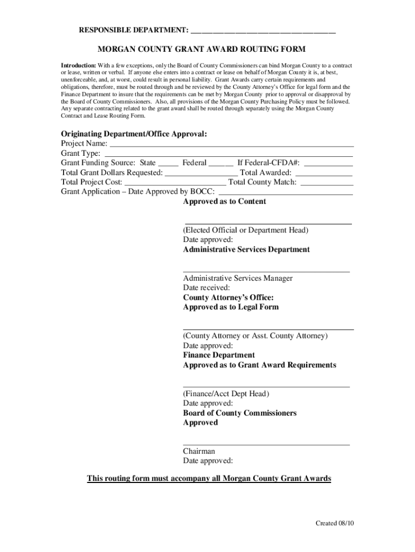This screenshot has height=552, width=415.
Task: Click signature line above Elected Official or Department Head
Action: click(268, 223)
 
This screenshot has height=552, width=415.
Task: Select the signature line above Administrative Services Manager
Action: click(266, 271)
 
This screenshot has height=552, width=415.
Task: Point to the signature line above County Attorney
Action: click(268, 328)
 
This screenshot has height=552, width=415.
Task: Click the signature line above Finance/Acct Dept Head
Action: click(266, 386)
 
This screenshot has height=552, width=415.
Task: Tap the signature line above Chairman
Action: click(266, 444)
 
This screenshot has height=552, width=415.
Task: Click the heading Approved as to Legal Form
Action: click(231, 307)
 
